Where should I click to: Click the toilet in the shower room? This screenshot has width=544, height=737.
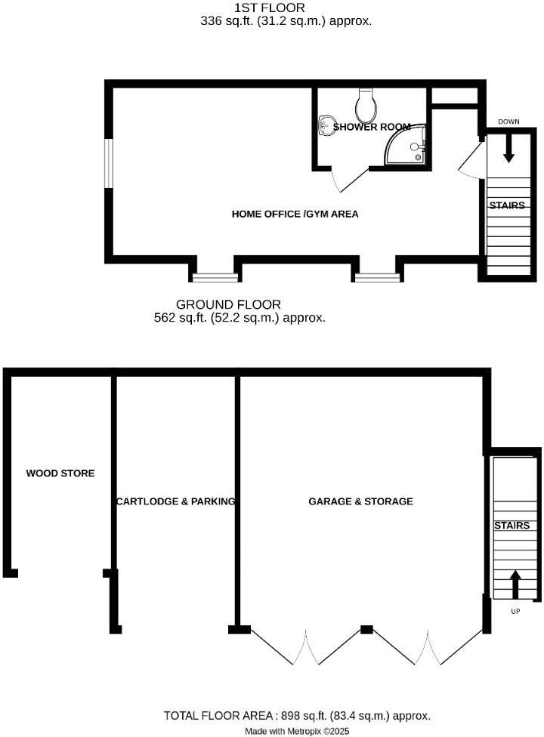click(366, 106)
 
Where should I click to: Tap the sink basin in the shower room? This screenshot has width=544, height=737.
click(327, 125)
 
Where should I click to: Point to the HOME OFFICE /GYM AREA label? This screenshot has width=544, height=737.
click(295, 214)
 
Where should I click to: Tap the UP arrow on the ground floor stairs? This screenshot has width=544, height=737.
click(515, 583)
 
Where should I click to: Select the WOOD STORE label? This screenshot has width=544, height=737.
click(60, 473)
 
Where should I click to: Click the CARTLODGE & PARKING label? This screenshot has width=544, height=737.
click(175, 501)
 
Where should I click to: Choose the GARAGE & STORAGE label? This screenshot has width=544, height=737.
click(360, 501)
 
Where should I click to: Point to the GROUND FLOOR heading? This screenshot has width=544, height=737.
click(240, 304)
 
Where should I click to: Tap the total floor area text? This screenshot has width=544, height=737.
click(297, 715)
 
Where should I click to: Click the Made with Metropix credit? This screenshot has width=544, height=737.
click(297, 731)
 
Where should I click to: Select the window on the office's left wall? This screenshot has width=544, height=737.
click(109, 162)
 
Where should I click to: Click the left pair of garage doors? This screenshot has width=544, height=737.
click(306, 646)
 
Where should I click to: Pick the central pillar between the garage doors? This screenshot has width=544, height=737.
click(366, 629)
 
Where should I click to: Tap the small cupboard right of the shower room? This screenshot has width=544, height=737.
click(453, 97)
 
